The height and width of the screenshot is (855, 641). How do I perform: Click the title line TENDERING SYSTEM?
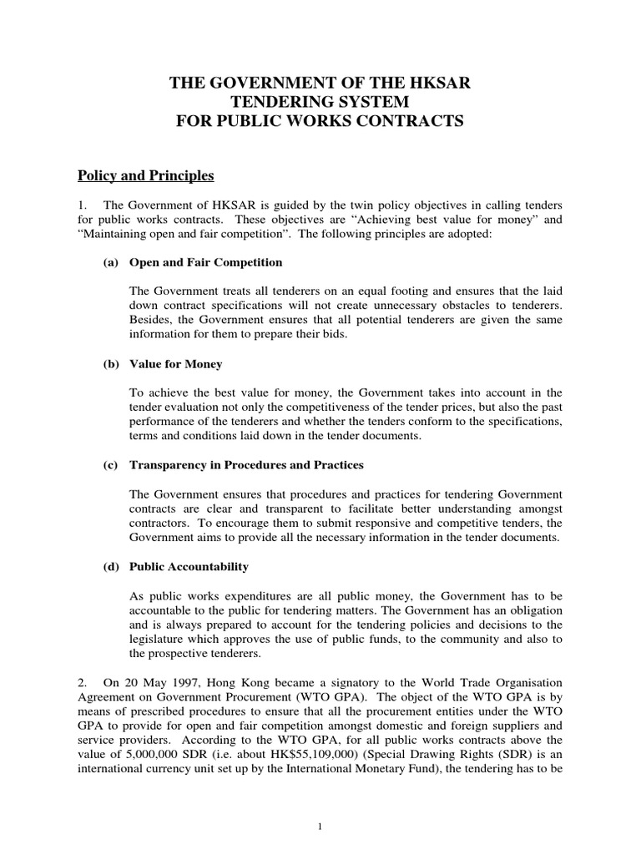(320, 102)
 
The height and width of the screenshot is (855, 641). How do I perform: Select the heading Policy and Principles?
(146, 175)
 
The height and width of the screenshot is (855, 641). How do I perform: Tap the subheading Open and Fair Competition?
(205, 262)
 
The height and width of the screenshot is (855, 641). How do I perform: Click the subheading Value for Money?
(175, 364)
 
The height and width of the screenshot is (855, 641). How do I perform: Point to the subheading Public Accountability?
(189, 567)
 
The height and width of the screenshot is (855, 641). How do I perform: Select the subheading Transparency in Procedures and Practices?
(246, 465)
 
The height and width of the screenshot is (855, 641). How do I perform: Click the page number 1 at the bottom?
(320, 827)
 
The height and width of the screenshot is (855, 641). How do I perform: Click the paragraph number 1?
(82, 205)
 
